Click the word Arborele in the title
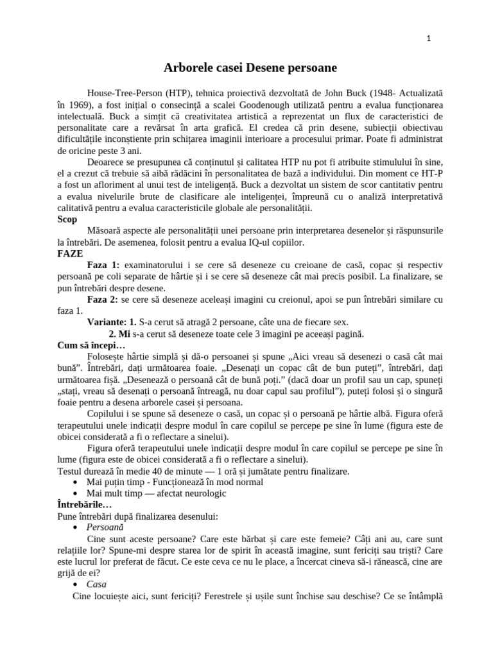coord(186,67)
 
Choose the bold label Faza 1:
coord(103,266)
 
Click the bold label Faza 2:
coord(103,300)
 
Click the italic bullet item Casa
coord(96,584)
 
